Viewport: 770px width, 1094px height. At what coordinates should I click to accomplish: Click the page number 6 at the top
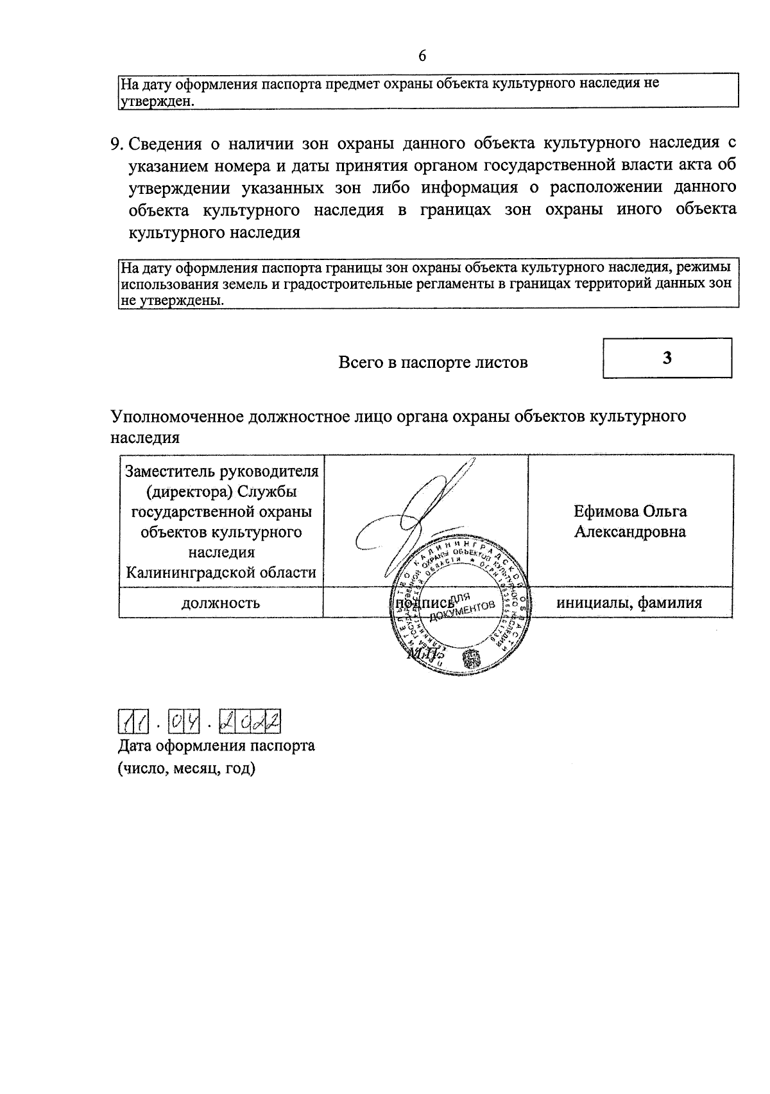pos(422,56)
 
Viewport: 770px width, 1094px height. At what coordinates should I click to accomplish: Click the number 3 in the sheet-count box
pos(667,358)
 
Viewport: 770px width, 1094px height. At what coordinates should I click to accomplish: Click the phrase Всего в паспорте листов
pos(433,363)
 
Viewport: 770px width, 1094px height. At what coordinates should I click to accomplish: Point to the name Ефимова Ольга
pos(630,512)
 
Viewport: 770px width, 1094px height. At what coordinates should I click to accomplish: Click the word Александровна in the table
pos(630,532)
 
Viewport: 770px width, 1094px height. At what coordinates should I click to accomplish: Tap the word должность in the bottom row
pos(221,603)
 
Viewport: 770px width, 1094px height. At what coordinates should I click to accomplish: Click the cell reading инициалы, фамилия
pos(629,603)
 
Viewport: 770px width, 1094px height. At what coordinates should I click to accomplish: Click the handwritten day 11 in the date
pos(134,723)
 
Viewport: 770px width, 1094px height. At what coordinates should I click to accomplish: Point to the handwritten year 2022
pos(250,723)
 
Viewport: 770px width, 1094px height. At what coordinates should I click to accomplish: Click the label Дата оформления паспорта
pos(216,746)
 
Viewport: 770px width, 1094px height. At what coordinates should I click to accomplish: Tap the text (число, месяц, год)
pos(186,768)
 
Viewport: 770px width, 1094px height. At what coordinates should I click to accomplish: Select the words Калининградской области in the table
pos(221,573)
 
